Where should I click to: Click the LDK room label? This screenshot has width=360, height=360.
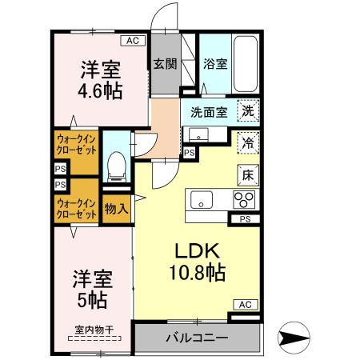click(195, 249)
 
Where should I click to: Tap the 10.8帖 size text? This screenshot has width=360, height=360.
click(195, 272)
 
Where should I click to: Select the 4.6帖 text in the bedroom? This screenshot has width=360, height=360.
click(101, 90)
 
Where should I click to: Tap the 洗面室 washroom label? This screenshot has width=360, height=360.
click(209, 113)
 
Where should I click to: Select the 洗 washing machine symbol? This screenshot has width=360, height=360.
click(249, 113)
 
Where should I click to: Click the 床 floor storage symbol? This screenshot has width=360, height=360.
click(249, 172)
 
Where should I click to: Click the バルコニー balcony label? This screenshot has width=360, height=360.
click(197, 338)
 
